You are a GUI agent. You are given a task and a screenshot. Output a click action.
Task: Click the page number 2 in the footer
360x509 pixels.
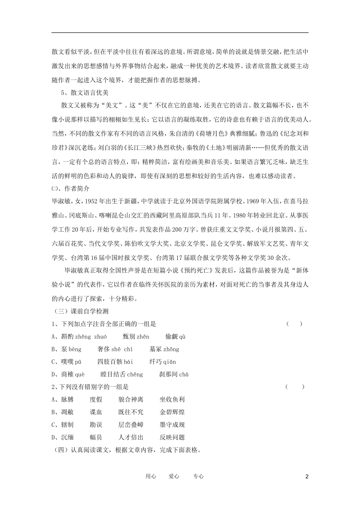click(307, 477)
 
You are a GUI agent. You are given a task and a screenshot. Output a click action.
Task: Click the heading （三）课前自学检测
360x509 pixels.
click(80, 311)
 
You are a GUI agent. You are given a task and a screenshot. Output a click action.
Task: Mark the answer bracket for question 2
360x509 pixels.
click(295, 387)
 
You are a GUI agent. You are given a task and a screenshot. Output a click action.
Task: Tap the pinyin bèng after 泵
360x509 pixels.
click(75, 349)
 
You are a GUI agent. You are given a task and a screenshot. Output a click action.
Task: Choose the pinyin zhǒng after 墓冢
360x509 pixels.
click(171, 349)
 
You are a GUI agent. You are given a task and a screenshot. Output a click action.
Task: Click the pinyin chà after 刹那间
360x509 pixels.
click(184, 375)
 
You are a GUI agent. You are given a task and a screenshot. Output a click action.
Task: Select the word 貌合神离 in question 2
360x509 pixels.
click(131, 400)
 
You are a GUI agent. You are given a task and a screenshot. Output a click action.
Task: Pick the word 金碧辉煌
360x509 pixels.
click(172, 412)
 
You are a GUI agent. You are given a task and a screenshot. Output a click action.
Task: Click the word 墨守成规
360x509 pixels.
click(172, 425)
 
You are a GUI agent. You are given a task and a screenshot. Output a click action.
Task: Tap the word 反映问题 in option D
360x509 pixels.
click(172, 437)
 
